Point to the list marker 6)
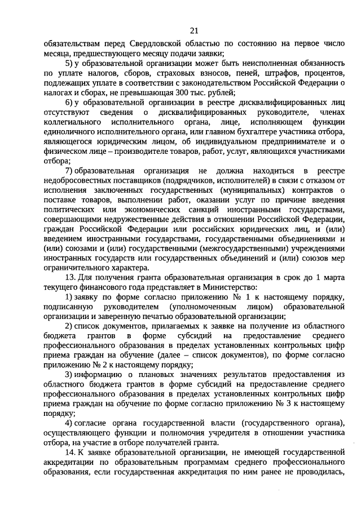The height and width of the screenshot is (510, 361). pos(69,103)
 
